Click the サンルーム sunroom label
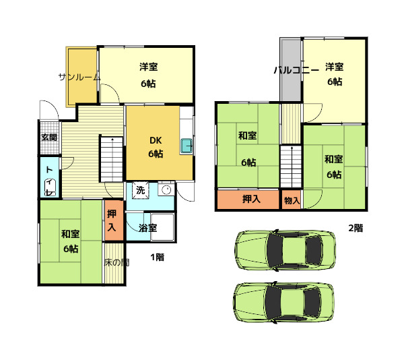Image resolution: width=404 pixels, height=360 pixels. [x=79, y=77]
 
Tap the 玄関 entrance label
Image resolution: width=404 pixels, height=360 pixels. [x=49, y=138]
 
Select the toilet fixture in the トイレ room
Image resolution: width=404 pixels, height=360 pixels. [x=50, y=187]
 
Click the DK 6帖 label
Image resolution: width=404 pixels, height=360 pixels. [x=156, y=147]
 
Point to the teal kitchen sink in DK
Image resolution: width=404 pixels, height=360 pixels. [x=187, y=146]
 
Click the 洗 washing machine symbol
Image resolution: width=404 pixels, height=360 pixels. [x=141, y=191]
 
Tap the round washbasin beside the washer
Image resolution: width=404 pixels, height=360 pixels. [x=166, y=190]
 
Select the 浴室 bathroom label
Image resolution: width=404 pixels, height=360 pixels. [x=147, y=228]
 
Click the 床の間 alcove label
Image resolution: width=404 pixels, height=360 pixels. [x=116, y=262]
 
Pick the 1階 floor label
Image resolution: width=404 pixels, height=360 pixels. [x=158, y=257]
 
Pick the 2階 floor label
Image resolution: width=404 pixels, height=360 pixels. [x=356, y=228]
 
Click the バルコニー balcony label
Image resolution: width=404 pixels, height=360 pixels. [x=296, y=70]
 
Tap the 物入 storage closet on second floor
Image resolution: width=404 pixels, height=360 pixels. [x=292, y=200]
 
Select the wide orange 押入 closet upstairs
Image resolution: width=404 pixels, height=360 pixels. [x=248, y=200]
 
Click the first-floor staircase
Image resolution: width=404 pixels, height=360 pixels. [x=111, y=159]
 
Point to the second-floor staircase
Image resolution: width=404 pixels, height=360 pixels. [x=291, y=167]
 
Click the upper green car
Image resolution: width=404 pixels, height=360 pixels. [x=285, y=250]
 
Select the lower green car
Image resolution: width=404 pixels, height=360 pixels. [x=284, y=302]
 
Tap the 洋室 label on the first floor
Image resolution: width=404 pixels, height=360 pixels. [x=148, y=67]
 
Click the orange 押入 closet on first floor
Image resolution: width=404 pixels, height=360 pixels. [x=114, y=220]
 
